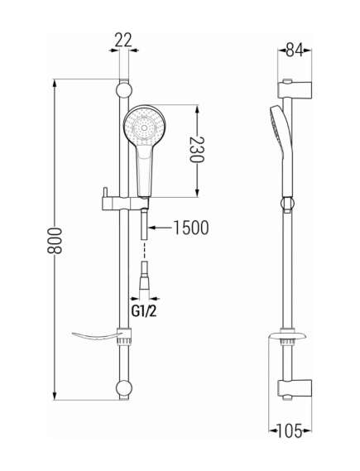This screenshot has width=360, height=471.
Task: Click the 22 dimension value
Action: [x=123, y=40]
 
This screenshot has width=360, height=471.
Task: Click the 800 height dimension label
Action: [x=55, y=241]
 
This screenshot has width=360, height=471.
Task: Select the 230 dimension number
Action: [x=197, y=149]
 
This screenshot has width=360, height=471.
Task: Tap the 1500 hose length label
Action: [x=191, y=228]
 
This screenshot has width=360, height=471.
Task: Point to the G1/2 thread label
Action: [x=144, y=311]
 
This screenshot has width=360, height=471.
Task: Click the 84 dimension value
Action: [x=295, y=50]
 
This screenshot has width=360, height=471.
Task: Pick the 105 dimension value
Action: [x=289, y=431]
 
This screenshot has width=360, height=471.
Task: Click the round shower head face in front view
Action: [x=145, y=127]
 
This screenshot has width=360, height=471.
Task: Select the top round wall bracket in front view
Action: [x=123, y=89]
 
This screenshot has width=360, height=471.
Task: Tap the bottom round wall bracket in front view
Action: [x=123, y=389]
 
